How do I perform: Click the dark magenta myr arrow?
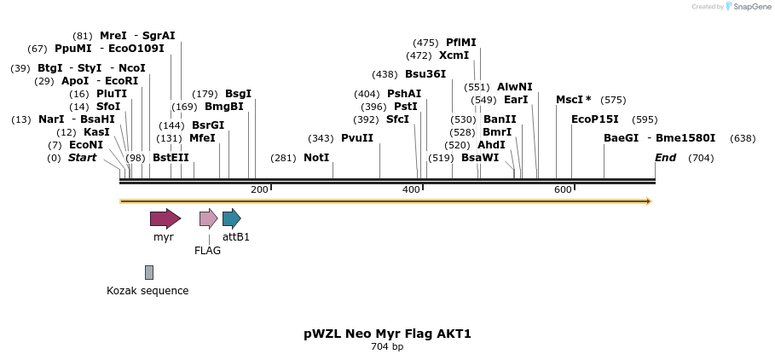point(165,218)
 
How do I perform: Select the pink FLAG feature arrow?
point(208,218)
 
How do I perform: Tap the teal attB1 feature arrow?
point(231,218)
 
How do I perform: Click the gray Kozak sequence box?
point(149,272)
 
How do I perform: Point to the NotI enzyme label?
point(315,158)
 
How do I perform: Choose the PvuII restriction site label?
point(356,138)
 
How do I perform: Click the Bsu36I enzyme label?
point(425,74)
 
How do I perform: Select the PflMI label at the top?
point(460,43)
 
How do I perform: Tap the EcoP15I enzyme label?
point(594,119)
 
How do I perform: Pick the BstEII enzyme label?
point(171,158)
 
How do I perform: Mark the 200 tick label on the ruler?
point(259,189)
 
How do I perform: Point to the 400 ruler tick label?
point(411,189)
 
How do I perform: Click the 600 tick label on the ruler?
point(563,189)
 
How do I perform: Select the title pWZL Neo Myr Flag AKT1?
point(387,334)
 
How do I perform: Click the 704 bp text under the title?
point(387,347)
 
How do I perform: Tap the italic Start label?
point(82,158)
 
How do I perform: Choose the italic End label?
point(665,158)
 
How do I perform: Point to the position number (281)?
point(284,158)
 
